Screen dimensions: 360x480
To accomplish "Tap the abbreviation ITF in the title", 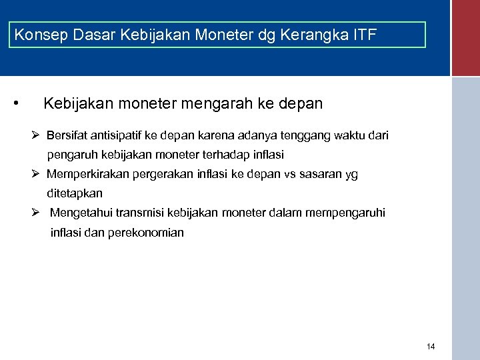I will click(363, 35).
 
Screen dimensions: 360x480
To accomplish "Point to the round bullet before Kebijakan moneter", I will click(15, 103).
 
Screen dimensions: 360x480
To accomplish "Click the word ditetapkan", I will click(75, 193).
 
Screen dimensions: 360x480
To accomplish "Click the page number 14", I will click(430, 347).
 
